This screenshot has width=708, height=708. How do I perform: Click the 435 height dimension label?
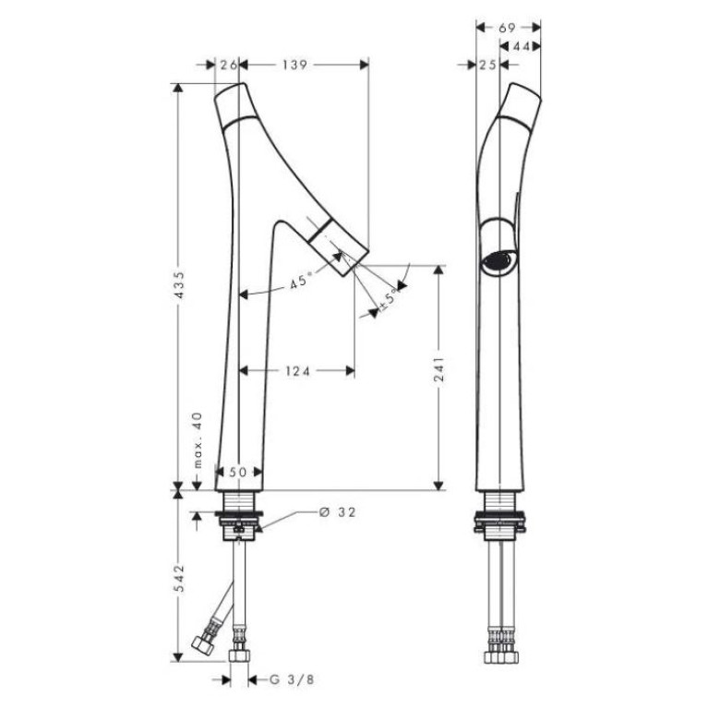click(180, 284)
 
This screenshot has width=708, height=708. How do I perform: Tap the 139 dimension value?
click(294, 65)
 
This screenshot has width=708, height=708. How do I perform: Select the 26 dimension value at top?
click(229, 65)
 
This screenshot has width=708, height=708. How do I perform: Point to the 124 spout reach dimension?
click(298, 371)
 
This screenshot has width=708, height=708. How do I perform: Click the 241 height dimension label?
click(438, 369)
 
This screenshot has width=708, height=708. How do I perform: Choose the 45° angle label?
click(301, 281)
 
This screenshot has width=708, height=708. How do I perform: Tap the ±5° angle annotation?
click(390, 300)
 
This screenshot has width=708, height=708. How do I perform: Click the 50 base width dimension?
click(238, 473)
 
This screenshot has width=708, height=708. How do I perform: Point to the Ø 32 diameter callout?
click(337, 512)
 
